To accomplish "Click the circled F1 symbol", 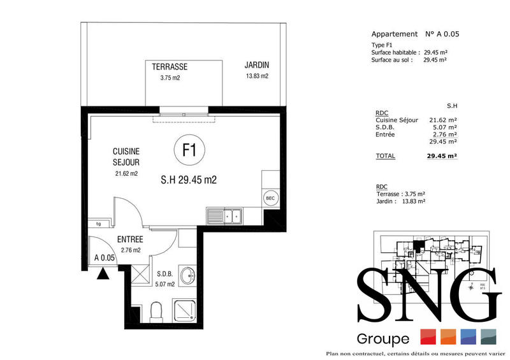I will [189, 151].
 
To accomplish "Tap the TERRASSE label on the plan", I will [170, 66].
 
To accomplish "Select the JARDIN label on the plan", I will [256, 65].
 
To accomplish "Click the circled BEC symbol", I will [270, 198].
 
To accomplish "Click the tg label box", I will [98, 224].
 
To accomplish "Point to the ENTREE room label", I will [129, 240].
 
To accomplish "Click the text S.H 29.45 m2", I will [189, 180].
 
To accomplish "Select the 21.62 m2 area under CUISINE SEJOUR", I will [126, 173].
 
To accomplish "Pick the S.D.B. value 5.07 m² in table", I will [445, 127].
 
